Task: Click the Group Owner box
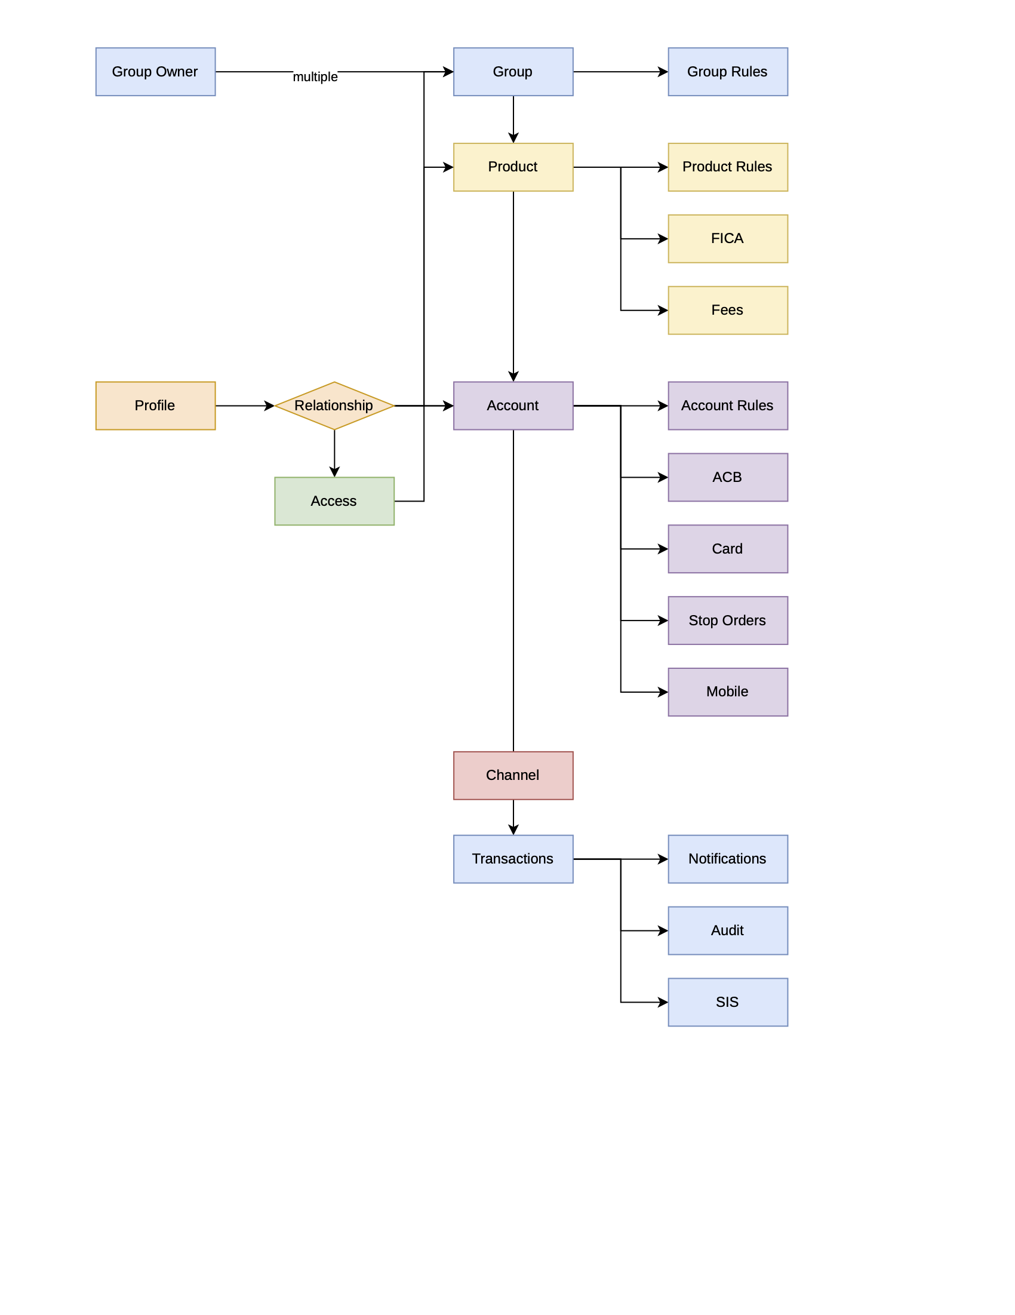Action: click(x=155, y=72)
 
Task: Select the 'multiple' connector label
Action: click(x=315, y=77)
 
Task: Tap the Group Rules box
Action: click(x=727, y=72)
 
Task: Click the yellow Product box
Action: click(x=513, y=167)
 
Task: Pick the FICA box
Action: click(x=727, y=238)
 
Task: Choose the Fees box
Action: click(x=727, y=310)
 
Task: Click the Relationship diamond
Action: click(x=334, y=405)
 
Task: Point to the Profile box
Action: click(x=155, y=405)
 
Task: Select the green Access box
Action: click(x=334, y=501)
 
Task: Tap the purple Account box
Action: click(x=513, y=405)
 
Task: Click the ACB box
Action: click(x=727, y=477)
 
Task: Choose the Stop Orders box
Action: click(x=727, y=620)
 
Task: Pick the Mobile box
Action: click(x=727, y=692)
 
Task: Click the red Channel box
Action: click(x=513, y=775)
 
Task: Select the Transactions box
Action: click(x=513, y=859)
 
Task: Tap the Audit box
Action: click(x=727, y=930)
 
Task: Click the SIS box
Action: click(x=727, y=1002)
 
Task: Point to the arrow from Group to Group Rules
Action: click(x=620, y=72)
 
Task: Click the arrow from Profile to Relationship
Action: click(x=244, y=405)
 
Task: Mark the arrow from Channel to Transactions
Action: click(x=513, y=816)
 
